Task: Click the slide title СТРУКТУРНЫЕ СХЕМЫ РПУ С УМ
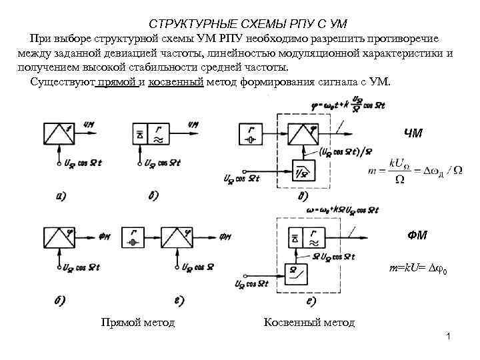coord(239,23)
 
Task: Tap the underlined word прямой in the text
coord(118,82)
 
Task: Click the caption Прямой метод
coord(137,323)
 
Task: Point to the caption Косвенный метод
coord(309,323)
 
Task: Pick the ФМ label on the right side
coord(418,235)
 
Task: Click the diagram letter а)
coord(61,196)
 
